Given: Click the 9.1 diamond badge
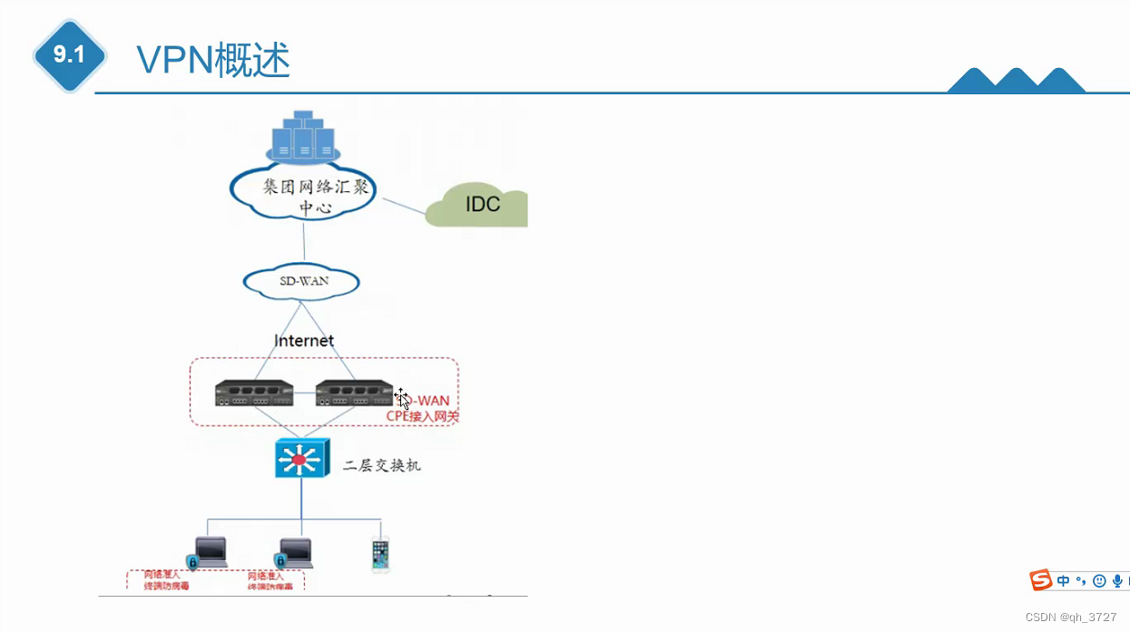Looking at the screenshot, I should (69, 55).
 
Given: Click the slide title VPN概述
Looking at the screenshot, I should (213, 60).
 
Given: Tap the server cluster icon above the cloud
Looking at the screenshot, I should (303, 138).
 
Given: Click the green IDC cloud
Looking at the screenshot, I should (480, 205).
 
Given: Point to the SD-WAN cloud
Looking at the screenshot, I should (301, 281).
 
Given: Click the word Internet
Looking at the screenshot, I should (304, 341).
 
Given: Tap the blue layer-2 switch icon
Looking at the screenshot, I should (300, 458).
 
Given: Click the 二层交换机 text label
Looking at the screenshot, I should (381, 465).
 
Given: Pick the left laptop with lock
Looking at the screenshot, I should (208, 552).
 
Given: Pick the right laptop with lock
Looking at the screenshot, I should (294, 553).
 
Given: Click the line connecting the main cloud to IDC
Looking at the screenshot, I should (401, 204).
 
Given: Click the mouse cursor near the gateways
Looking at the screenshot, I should (402, 398).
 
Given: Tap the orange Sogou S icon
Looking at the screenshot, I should (1040, 580).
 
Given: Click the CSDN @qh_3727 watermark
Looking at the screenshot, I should (1071, 617).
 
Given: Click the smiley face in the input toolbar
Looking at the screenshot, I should (1099, 580).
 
